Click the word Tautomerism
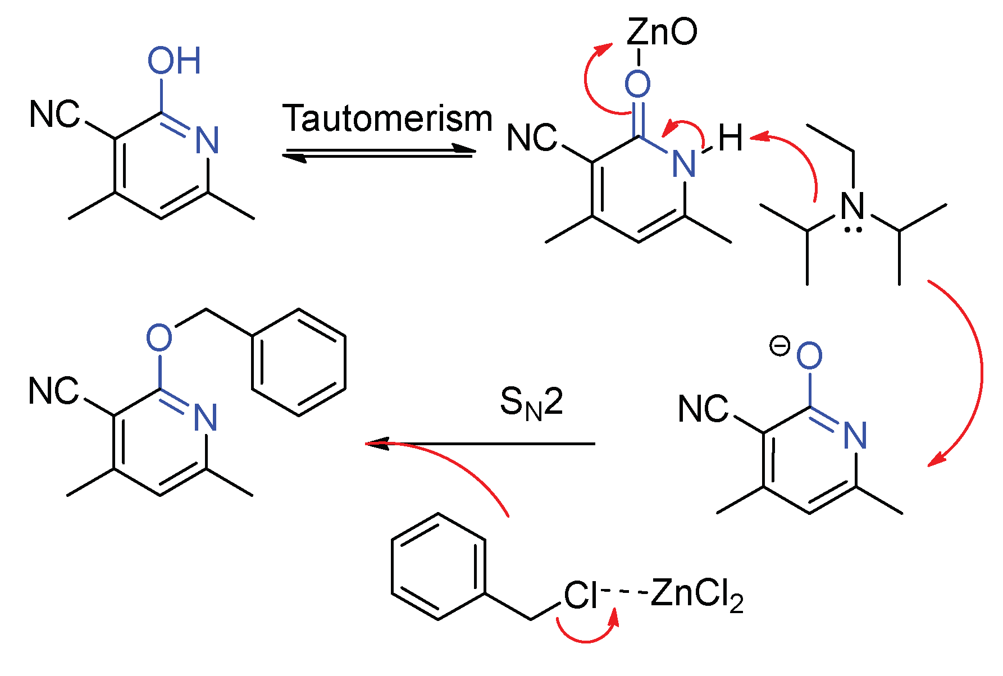point(387,119)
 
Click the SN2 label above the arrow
point(531,403)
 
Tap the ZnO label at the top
point(662,32)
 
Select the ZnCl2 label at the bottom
point(697,595)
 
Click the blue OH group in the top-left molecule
point(174,61)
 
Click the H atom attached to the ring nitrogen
point(731,138)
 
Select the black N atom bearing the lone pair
point(852,206)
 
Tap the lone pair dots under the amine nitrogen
point(853,230)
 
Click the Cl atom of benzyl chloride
point(581,595)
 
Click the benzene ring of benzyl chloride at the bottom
point(438,566)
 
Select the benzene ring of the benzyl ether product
point(299,362)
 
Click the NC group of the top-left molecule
point(54,115)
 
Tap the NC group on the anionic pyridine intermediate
point(703,409)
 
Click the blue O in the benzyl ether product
point(159,337)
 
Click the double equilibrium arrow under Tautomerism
point(379,153)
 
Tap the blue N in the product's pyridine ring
point(205,417)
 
